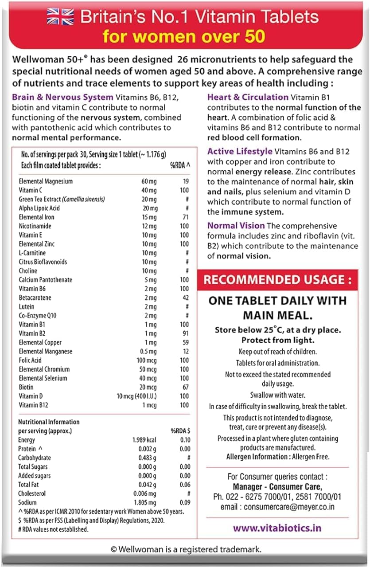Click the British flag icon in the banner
(x=61, y=17)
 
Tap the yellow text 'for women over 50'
(x=184, y=36)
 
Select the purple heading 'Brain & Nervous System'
(x=62, y=98)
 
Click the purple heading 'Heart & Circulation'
(x=248, y=97)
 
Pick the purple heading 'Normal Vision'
(x=236, y=226)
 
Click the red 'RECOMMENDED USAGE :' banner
(x=277, y=280)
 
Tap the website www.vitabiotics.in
(x=277, y=528)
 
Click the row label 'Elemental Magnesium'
(x=46, y=181)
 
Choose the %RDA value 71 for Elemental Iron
(x=185, y=217)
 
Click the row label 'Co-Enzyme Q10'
(x=38, y=316)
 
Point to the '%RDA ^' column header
(x=180, y=165)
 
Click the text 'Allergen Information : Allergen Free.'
(x=277, y=457)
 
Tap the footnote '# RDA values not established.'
(x=53, y=529)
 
